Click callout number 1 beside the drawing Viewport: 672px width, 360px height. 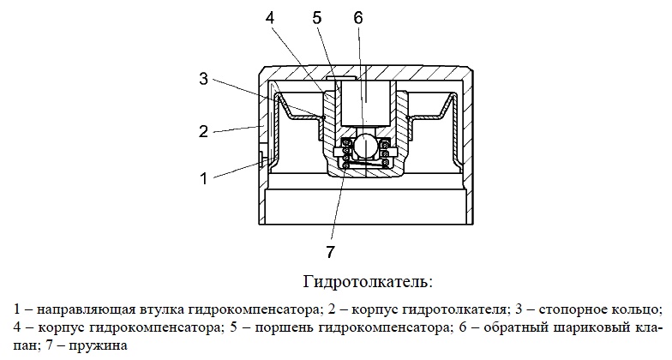click(x=204, y=178)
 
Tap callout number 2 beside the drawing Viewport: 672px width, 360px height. click(x=203, y=131)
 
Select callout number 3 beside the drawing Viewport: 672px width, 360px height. click(x=203, y=79)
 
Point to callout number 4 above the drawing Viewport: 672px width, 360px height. click(x=270, y=18)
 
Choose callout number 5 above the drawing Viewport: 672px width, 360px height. click(x=317, y=18)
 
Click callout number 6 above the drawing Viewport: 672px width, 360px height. click(x=358, y=18)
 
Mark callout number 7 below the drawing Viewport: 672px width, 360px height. click(x=330, y=252)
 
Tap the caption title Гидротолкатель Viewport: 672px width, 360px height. click(x=369, y=282)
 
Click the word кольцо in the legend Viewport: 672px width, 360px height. click(x=638, y=309)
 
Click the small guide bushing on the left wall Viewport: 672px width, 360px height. click(x=261, y=159)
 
